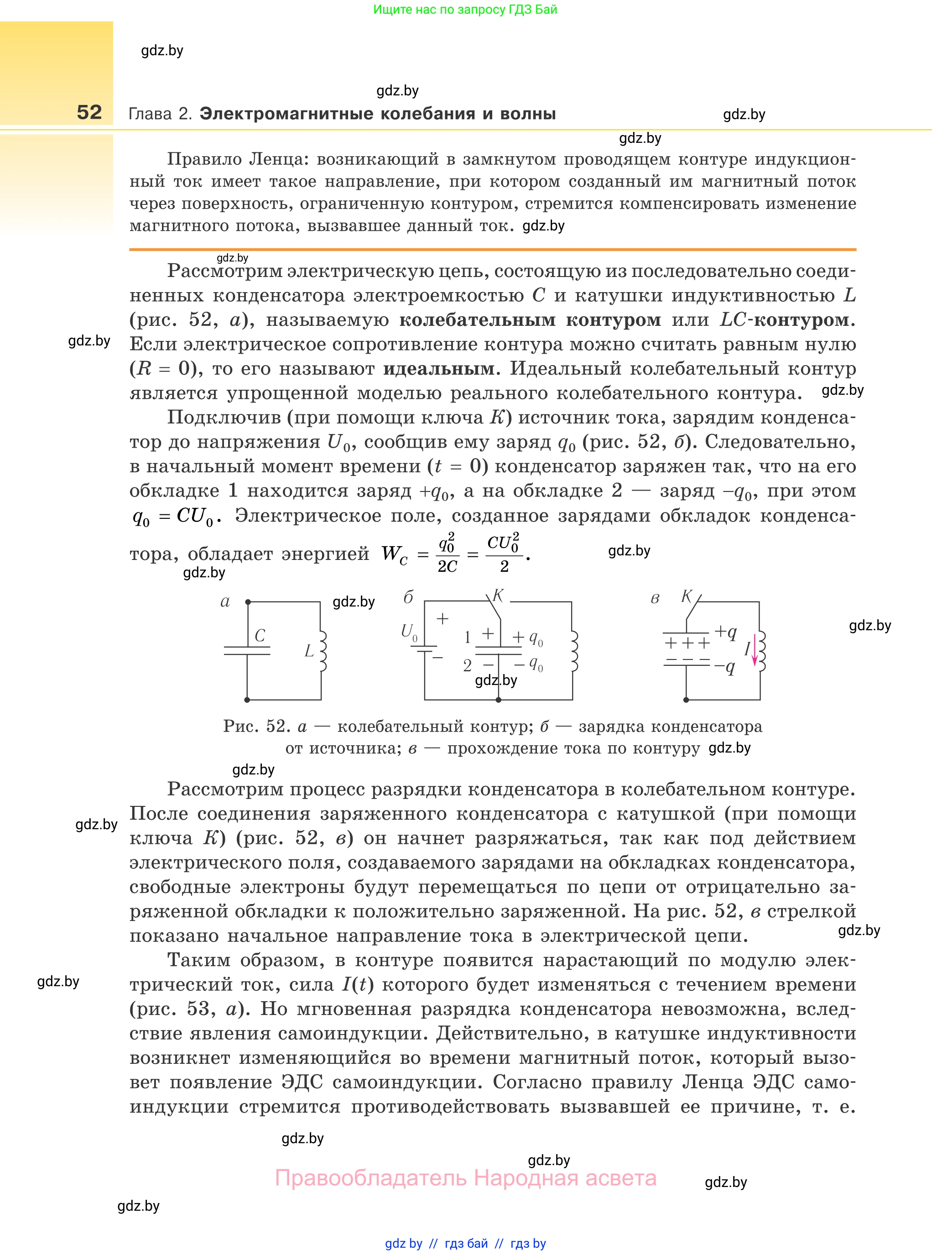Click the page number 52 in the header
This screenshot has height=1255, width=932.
click(89, 112)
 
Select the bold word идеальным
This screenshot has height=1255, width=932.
click(438, 369)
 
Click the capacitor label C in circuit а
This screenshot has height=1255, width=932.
click(260, 635)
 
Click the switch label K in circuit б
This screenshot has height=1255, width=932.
click(498, 596)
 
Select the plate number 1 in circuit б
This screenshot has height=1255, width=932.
click(467, 638)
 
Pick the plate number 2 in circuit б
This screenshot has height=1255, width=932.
click(467, 666)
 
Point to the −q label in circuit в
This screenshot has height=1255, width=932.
click(725, 667)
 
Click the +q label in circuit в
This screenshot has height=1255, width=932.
click(725, 632)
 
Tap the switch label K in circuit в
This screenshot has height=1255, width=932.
click(687, 596)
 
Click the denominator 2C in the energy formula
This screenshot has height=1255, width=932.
click(448, 566)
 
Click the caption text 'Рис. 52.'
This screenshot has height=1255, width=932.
click(257, 726)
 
